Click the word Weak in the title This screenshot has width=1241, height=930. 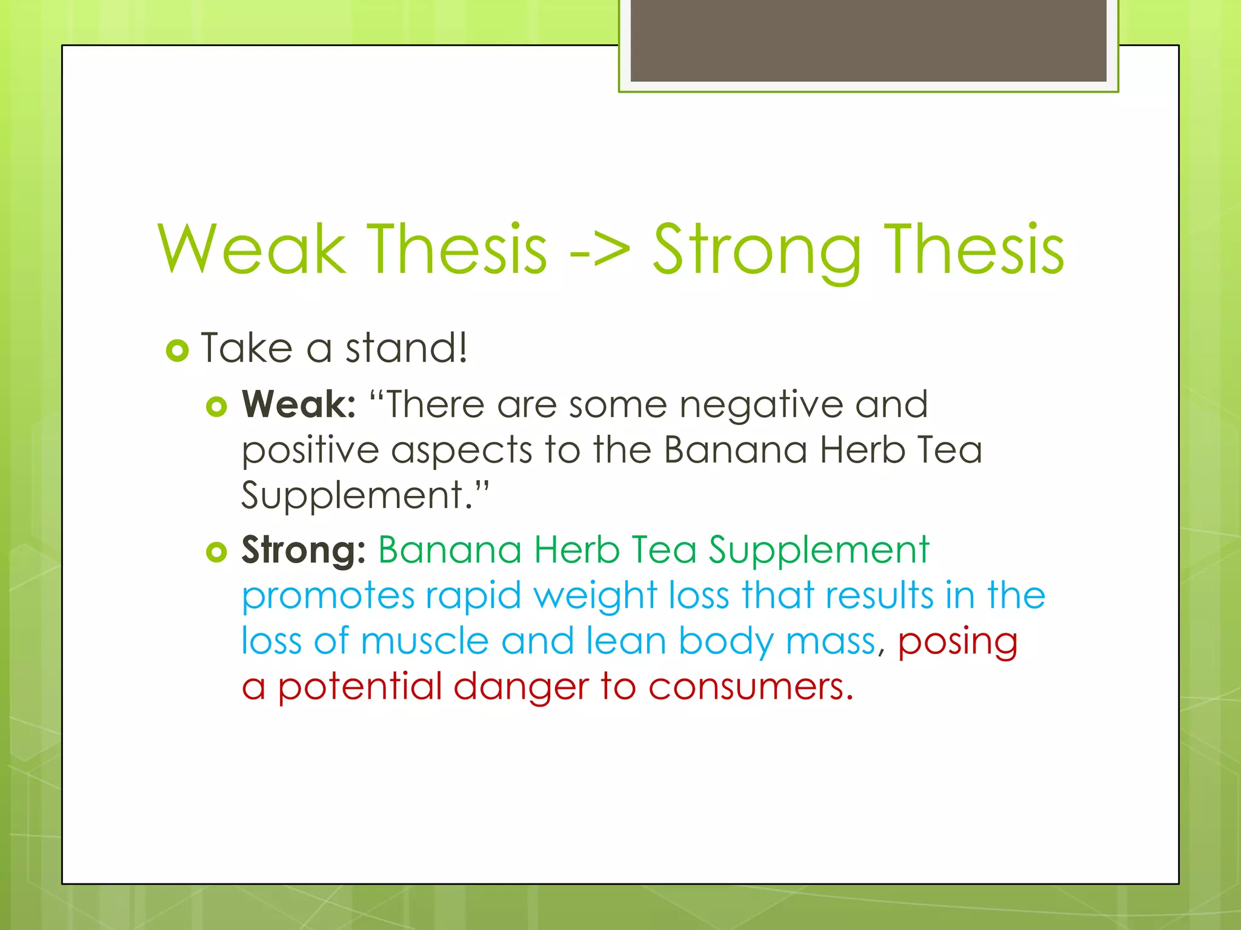pos(251,250)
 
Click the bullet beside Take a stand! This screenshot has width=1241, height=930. pos(177,351)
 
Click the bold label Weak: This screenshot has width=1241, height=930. pos(299,404)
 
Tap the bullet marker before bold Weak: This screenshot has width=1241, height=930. pos(216,406)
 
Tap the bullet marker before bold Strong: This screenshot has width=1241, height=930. pos(216,552)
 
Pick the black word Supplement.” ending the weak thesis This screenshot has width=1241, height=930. pos(364,495)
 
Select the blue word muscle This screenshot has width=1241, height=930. pos(425,642)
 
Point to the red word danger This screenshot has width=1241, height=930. pos(521,688)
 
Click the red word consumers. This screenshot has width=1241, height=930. pos(750,688)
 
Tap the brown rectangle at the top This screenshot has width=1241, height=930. pos(868,40)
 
